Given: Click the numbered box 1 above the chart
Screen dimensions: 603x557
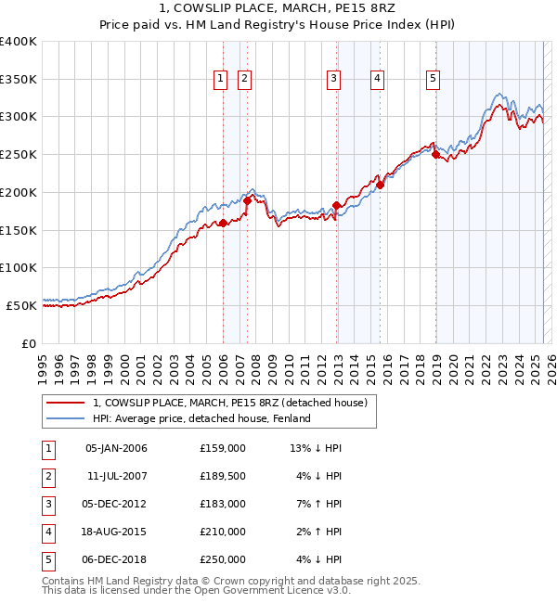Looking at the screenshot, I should point(221,80).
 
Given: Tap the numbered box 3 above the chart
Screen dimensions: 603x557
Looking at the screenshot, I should point(332,80).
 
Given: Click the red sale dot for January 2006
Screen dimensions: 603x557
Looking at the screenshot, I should point(223,223).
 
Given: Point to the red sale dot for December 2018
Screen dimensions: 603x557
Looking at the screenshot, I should point(435,155).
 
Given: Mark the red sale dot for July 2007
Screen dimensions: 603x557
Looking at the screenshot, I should point(248,200).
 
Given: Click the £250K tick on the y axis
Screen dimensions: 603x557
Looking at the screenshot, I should point(19,154).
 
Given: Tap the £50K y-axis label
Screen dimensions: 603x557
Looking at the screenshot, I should point(21,304).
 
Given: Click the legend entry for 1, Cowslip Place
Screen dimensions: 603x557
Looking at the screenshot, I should point(230,403).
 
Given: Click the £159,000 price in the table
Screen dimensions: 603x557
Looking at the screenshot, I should point(223,449).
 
